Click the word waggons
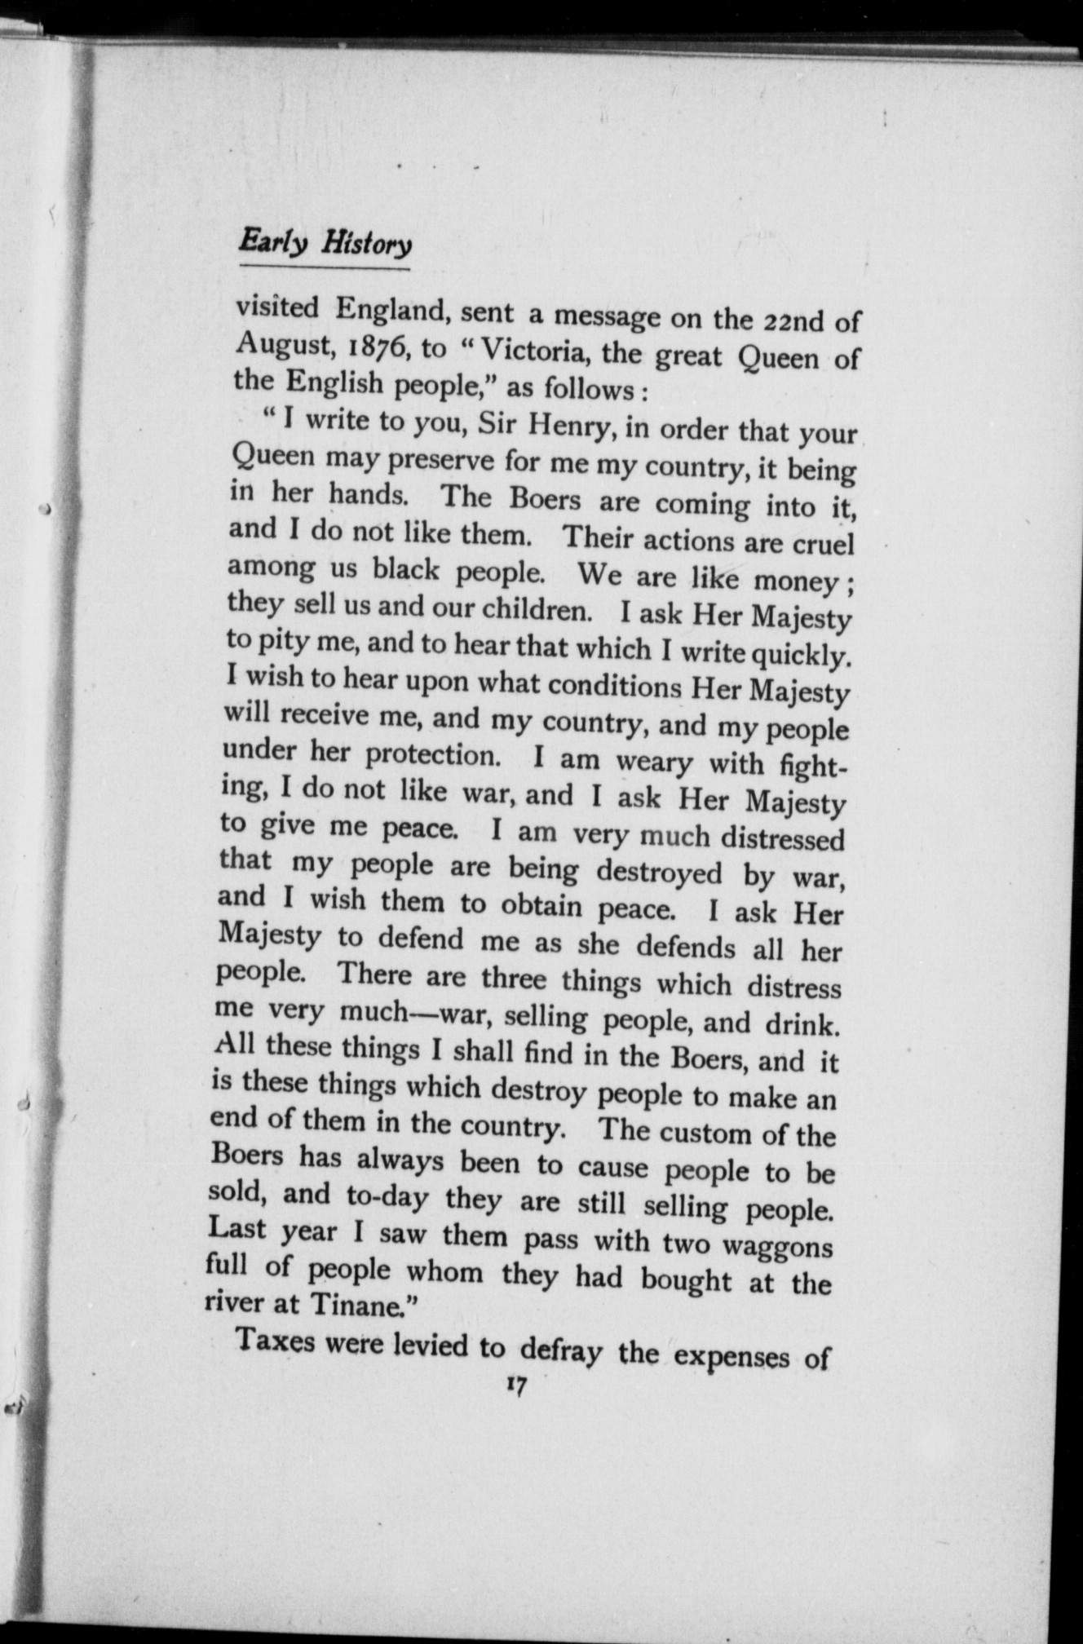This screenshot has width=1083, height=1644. tap(778, 1246)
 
